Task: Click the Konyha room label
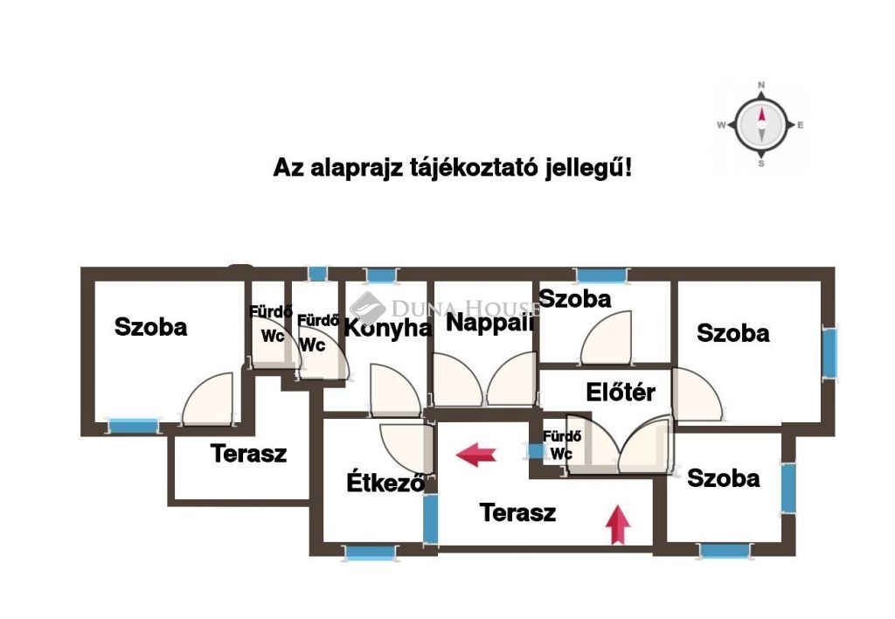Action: click(x=388, y=329)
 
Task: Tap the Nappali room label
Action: click(x=489, y=322)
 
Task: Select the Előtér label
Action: click(x=621, y=393)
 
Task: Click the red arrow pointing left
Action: click(x=476, y=455)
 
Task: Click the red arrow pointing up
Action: click(x=618, y=525)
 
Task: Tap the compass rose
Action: click(x=761, y=125)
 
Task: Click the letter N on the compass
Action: click(x=761, y=85)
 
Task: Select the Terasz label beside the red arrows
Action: click(x=517, y=512)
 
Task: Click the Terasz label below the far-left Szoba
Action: click(x=248, y=454)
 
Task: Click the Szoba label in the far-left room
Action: click(x=150, y=327)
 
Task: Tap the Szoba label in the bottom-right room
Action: click(x=723, y=478)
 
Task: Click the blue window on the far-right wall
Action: click(x=829, y=352)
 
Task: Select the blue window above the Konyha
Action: click(x=382, y=275)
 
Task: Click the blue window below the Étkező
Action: click(x=370, y=553)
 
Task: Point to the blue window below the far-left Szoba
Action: click(x=134, y=426)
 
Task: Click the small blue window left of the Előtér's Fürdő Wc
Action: click(x=536, y=451)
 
